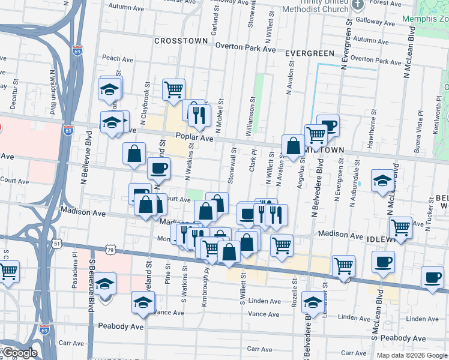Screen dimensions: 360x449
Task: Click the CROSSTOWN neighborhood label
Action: [x=181, y=41]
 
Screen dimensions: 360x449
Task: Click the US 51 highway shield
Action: [x=56, y=244]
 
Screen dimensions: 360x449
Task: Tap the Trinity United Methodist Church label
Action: [x=317, y=6]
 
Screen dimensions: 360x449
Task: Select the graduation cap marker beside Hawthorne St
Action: [x=382, y=181]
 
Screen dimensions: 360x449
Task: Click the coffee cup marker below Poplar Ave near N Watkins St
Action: [x=158, y=168]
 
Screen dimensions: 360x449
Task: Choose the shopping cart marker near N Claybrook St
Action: [x=173, y=89]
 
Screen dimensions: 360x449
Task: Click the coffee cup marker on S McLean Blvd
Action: [x=384, y=262]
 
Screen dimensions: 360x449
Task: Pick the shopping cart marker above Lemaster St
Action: [x=343, y=265]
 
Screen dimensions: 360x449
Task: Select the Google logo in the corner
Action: [x=20, y=353]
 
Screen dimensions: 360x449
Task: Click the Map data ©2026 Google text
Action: [x=411, y=355]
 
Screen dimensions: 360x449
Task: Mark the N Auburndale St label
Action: [x=358, y=181]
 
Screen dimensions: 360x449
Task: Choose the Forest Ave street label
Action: [x=426, y=3]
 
